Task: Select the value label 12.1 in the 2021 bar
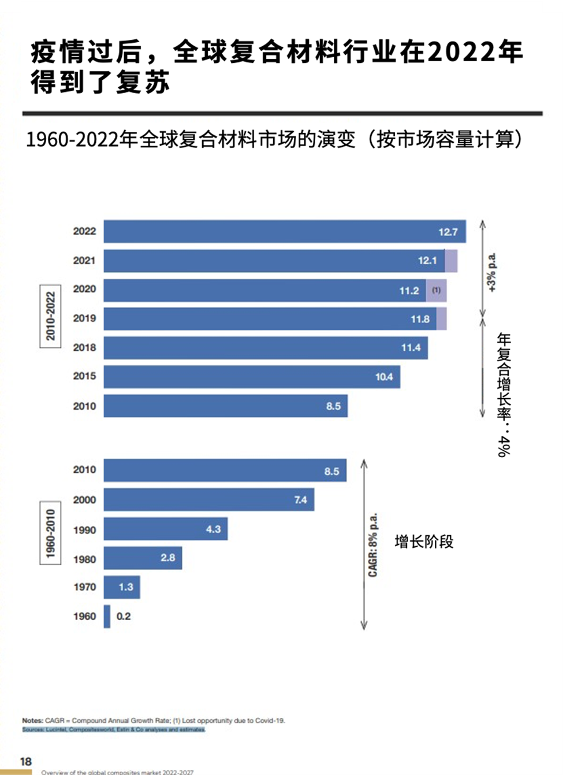tap(427, 261)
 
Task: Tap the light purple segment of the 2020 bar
tap(436, 290)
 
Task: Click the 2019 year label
tap(84, 318)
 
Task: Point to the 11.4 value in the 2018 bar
tap(411, 347)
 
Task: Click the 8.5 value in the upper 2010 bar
tap(333, 406)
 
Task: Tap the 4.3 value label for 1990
tap(213, 529)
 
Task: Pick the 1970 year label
tap(84, 587)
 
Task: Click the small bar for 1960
tap(107, 616)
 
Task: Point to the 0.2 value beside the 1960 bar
tap(124, 616)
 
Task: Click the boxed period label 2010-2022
tap(50, 316)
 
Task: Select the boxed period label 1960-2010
tap(50, 533)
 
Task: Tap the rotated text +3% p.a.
tap(491, 273)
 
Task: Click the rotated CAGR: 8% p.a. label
tap(373, 544)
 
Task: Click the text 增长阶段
tap(424, 542)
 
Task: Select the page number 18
tap(26, 761)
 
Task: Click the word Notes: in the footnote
tap(32, 721)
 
